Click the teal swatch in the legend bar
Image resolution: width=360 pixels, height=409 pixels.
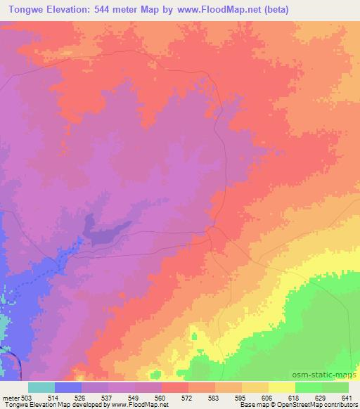(x=41, y=387)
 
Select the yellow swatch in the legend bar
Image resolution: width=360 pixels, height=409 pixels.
(x=281, y=387)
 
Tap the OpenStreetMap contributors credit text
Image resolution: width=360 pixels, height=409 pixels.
(x=309, y=405)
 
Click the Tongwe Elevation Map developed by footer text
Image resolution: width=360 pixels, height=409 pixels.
(x=49, y=405)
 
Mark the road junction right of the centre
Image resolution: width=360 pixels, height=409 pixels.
(x=213, y=233)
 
